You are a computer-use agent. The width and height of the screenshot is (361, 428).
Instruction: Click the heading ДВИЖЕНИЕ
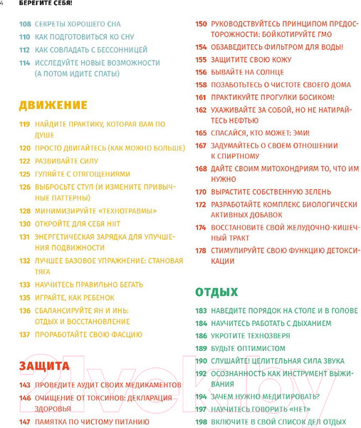pyautogui.click(x=53, y=106)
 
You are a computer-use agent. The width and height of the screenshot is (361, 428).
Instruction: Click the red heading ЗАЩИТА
pyautogui.click(x=44, y=367)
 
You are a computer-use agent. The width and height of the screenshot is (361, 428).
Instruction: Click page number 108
pyautogui.click(x=25, y=24)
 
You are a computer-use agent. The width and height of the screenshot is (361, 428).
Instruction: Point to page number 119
pyautogui.click(x=24, y=124)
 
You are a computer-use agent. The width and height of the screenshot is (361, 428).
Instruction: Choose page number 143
pyautogui.click(x=24, y=385)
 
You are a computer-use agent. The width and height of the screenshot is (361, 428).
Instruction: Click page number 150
pyautogui.click(x=201, y=24)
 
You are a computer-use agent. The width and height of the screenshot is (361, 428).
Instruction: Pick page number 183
pyautogui.click(x=201, y=311)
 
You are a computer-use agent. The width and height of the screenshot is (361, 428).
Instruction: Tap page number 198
pyautogui.click(x=201, y=422)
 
